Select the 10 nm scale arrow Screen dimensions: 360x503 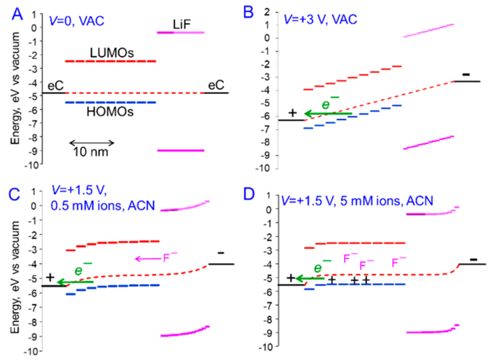point(92,142)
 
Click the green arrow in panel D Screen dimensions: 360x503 point(310,278)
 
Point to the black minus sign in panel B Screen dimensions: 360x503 point(466,74)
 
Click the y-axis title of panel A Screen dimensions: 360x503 point(14,92)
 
